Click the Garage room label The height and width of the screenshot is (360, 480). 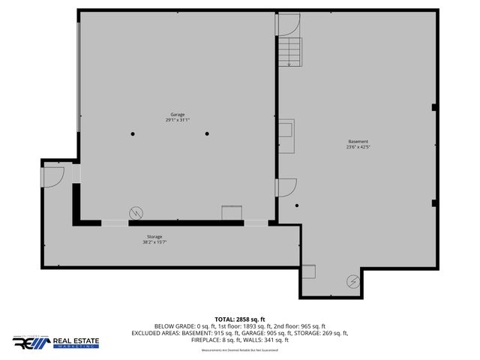point(177,115)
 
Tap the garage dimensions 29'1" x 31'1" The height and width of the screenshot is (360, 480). point(177,120)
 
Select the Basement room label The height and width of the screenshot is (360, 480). point(358,142)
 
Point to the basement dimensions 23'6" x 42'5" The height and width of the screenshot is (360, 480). point(358,147)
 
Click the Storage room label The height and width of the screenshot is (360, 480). point(154,236)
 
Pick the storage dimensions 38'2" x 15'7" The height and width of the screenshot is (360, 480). point(154,242)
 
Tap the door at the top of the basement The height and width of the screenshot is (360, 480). point(288,24)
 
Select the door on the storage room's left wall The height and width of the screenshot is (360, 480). point(53,175)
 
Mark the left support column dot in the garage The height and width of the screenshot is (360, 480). point(133,133)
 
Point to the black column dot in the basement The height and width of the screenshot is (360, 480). point(297,206)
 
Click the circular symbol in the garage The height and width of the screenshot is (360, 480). point(136,212)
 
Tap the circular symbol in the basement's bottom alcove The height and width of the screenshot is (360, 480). point(352,282)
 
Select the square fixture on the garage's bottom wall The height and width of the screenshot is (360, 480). point(230,213)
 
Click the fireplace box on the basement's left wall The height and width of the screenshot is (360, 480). point(286,134)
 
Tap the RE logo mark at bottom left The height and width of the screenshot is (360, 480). point(29,343)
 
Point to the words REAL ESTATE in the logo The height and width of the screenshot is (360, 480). point(77,340)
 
